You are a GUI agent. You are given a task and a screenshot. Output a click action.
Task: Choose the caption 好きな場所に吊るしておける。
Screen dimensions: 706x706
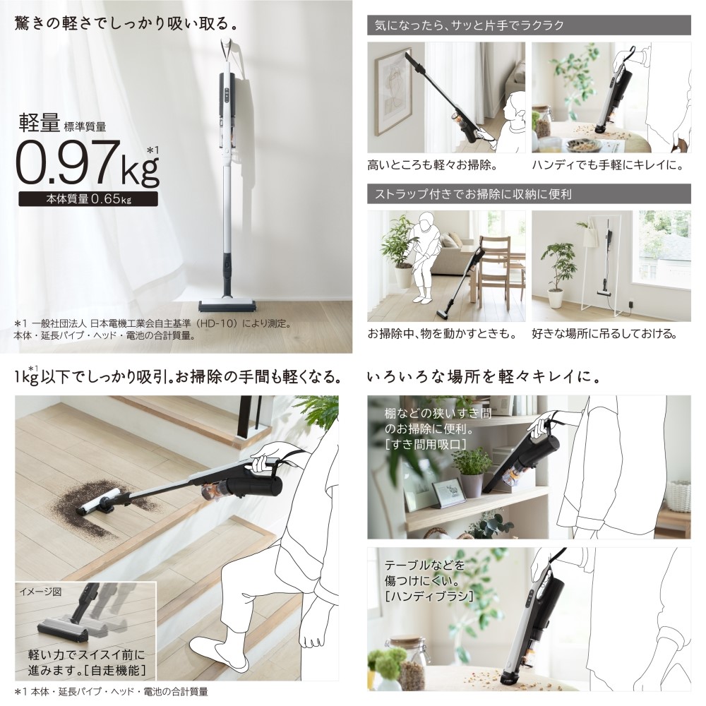click(x=611, y=333)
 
